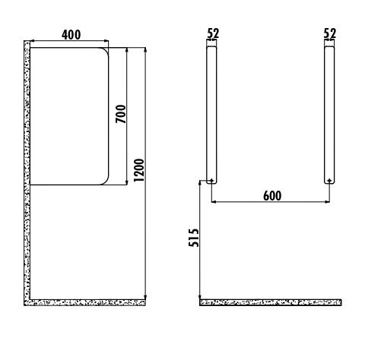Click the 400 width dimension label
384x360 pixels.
tap(71, 35)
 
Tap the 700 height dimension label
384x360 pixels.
tap(121, 114)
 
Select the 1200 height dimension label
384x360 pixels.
tap(138, 170)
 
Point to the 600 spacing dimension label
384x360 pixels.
tap(272, 196)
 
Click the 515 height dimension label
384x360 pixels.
tap(194, 238)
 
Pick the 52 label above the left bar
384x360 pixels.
tap(213, 33)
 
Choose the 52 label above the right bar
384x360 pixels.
tap(330, 33)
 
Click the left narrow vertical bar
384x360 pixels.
tap(211, 115)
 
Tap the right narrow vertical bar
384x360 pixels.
tap(329, 115)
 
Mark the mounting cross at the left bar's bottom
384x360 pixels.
tap(211, 181)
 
